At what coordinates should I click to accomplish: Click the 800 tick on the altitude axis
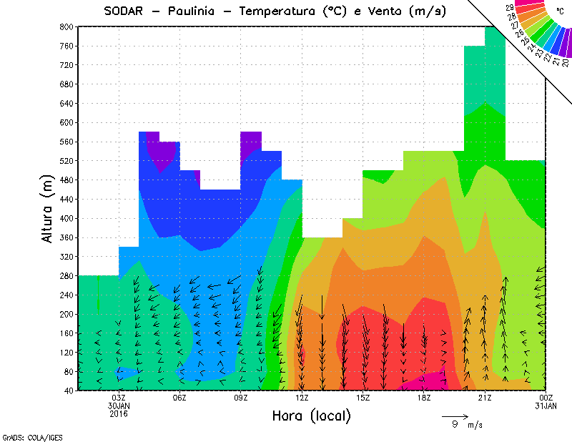click(66, 26)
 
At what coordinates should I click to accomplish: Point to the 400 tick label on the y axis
click(66, 218)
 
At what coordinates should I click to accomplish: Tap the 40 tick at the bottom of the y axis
click(68, 391)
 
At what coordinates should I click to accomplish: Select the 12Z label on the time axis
click(302, 398)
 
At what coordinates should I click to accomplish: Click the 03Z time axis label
click(119, 398)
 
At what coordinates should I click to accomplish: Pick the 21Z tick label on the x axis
click(485, 398)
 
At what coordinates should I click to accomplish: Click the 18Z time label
click(424, 398)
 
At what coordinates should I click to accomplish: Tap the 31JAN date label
click(546, 406)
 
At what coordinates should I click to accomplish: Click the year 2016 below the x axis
click(119, 414)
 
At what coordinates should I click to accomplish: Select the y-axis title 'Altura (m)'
click(47, 207)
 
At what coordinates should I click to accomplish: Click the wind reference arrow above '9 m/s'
click(455, 415)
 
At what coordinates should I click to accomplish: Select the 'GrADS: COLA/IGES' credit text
click(26, 436)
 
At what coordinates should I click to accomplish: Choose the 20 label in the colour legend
click(566, 63)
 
